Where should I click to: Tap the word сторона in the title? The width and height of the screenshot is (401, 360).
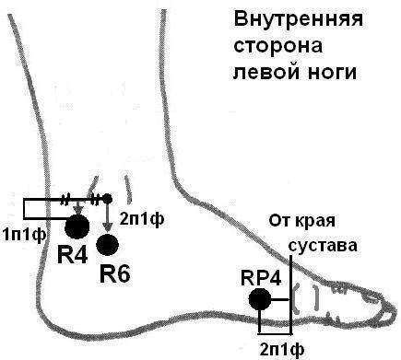pyautogui.click(x=291, y=45)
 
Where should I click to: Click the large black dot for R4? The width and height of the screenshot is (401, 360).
pyautogui.click(x=77, y=225)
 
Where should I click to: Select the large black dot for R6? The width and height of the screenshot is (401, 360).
pyautogui.click(x=109, y=244)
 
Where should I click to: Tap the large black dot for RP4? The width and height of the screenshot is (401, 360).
pyautogui.click(x=260, y=298)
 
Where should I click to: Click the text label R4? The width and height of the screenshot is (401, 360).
pyautogui.click(x=73, y=255)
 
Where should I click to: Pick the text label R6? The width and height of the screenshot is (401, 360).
pyautogui.click(x=115, y=273)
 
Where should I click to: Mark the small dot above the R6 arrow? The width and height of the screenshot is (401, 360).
pyautogui.click(x=108, y=199)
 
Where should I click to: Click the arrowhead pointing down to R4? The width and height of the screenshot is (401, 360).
pyautogui.click(x=77, y=211)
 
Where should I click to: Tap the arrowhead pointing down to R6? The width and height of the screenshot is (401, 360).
pyautogui.click(x=108, y=229)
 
